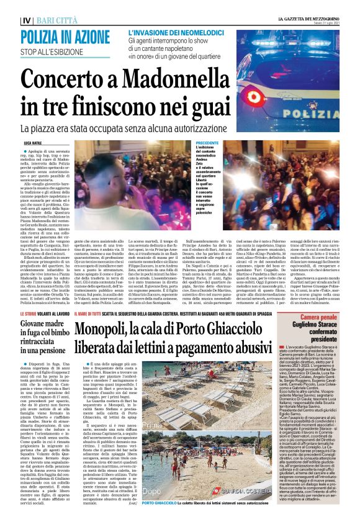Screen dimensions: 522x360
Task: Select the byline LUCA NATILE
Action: click(x=36, y=143)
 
